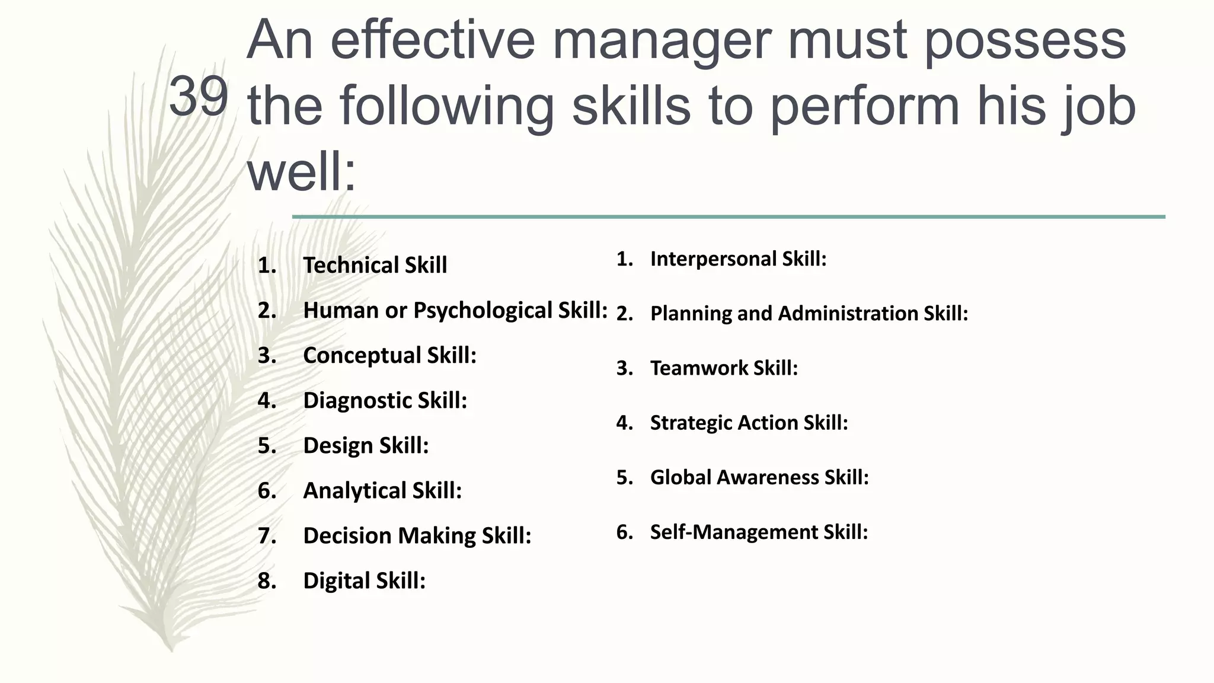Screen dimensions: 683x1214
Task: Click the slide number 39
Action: pyautogui.click(x=198, y=96)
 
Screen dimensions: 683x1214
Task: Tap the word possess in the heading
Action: pyautogui.click(x=1024, y=42)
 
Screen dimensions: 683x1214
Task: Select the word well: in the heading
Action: pyautogui.click(x=302, y=172)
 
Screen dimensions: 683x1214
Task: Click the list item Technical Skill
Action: pyautogui.click(x=375, y=265)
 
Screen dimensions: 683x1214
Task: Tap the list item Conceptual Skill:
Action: pyautogui.click(x=389, y=355)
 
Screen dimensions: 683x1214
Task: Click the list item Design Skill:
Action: pyautogui.click(x=366, y=445)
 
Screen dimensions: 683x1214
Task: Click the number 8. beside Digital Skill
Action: pyautogui.click(x=267, y=580)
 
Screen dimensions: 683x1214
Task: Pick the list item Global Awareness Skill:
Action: pyautogui.click(x=759, y=477)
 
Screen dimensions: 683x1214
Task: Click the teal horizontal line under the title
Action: pyautogui.click(x=729, y=217)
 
